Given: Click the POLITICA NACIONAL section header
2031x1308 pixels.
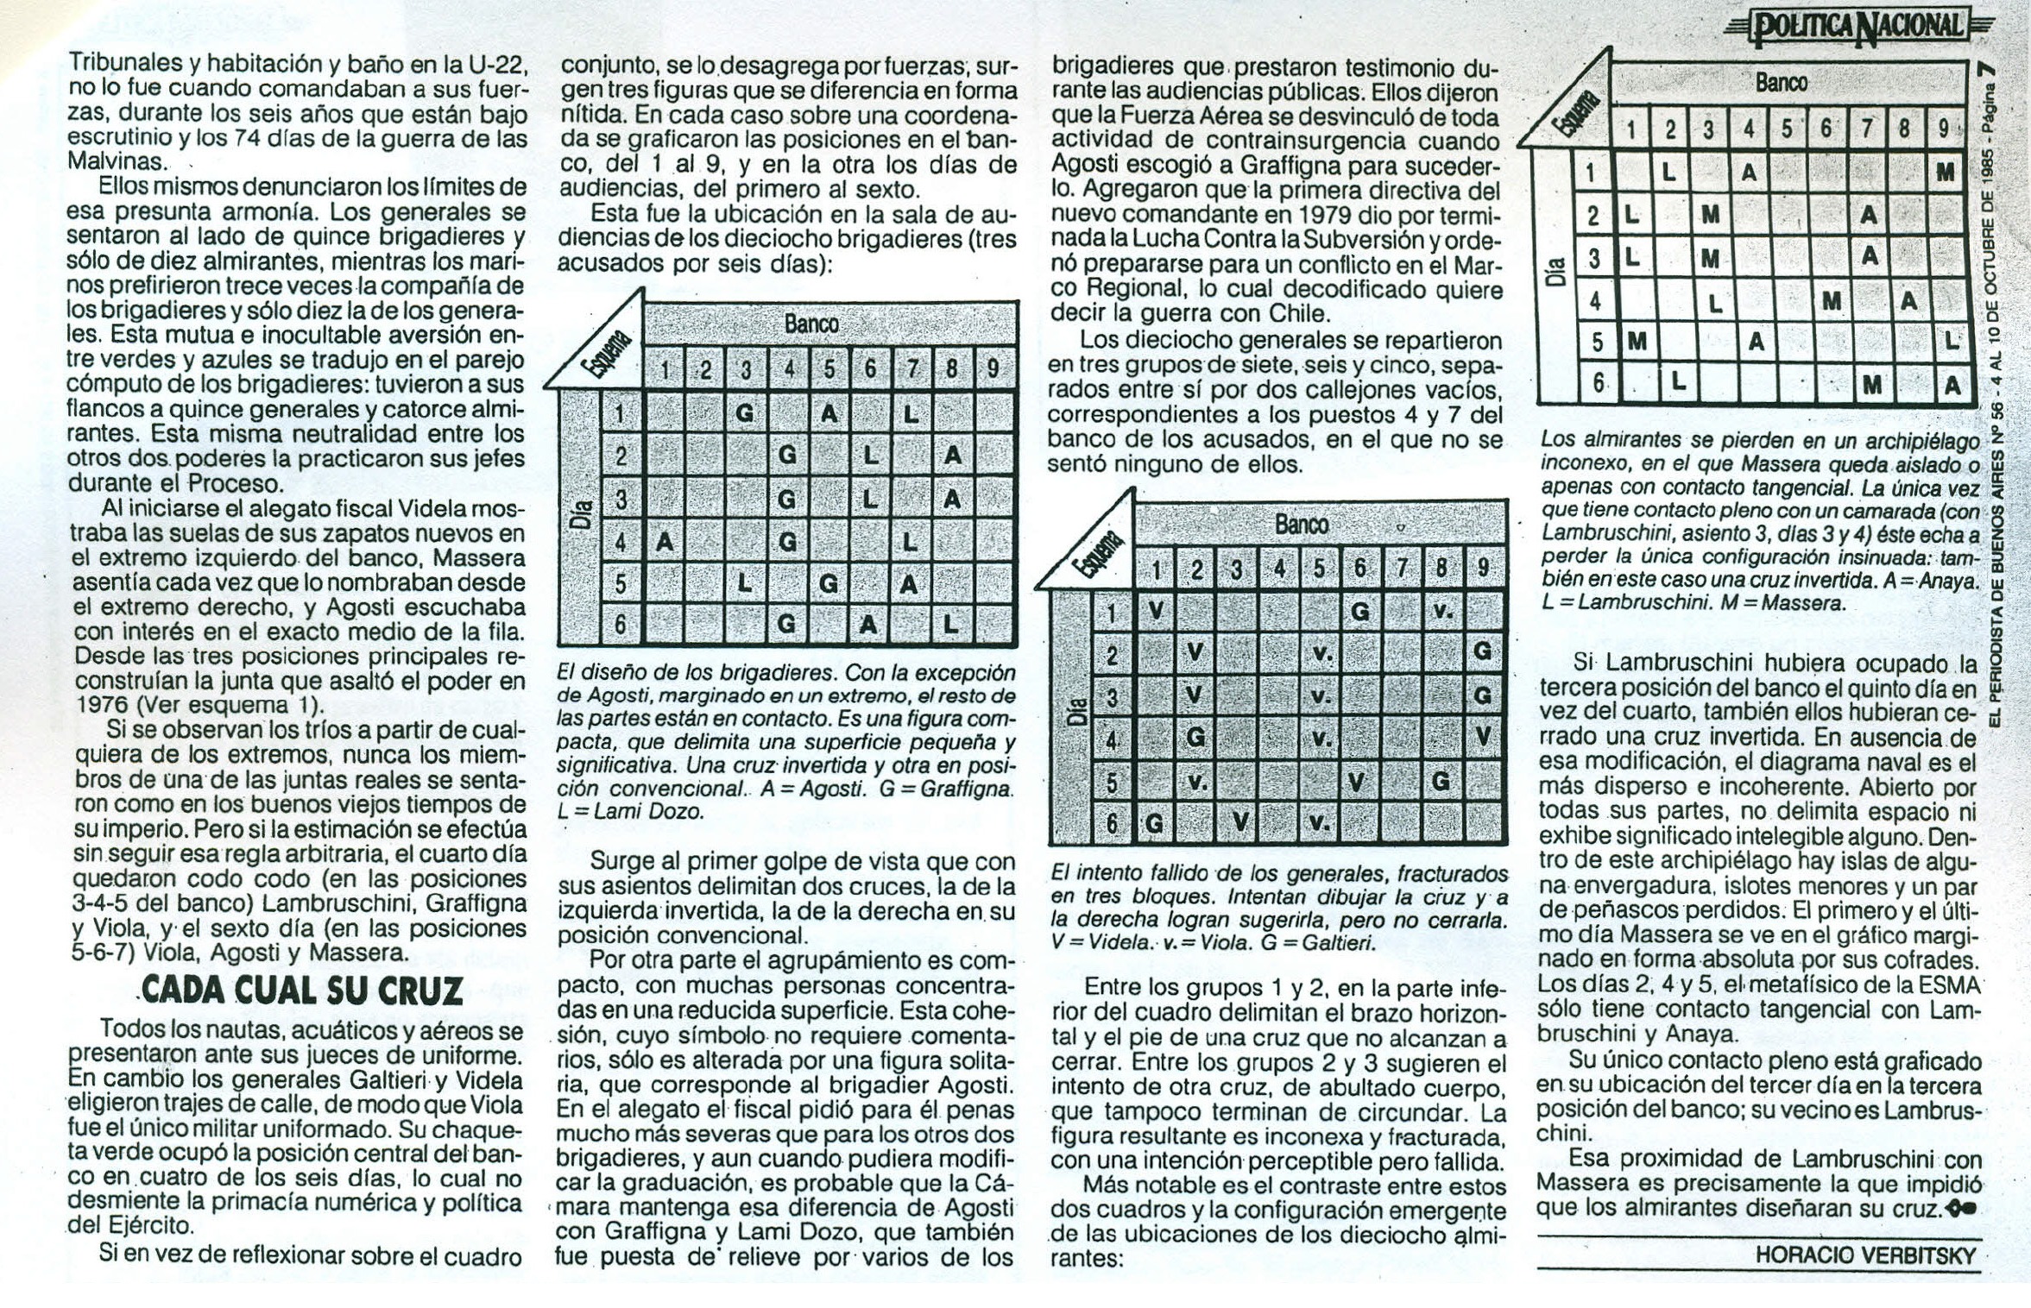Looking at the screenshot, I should [1856, 28].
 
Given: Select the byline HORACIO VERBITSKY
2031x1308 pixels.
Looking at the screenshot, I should [1865, 1255].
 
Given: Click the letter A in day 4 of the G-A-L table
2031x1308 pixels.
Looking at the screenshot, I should [664, 542].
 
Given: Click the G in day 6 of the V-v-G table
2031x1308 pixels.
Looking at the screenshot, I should [1154, 823].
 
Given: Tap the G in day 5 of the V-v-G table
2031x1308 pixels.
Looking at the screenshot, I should [1440, 782].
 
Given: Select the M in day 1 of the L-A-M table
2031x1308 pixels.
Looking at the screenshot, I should [1945, 173].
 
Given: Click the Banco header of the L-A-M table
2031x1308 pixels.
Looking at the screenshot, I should [1781, 83].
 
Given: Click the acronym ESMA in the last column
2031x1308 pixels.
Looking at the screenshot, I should [1949, 984].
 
